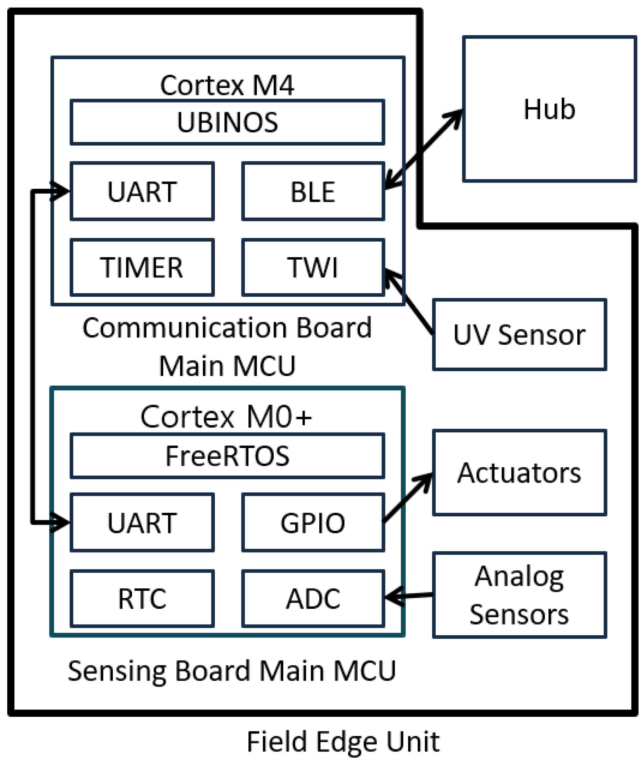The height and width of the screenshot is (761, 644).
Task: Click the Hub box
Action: point(549,109)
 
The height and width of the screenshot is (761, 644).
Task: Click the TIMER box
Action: point(142,267)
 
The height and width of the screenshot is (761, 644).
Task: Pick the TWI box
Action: point(313,267)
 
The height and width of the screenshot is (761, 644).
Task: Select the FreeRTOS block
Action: point(227,456)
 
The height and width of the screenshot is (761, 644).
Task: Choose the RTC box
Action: point(142,598)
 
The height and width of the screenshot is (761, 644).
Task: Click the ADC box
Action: point(313,598)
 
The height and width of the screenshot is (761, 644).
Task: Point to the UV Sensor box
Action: point(519,335)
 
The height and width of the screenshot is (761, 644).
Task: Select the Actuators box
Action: point(519,473)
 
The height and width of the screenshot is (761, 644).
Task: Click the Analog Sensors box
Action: point(519,595)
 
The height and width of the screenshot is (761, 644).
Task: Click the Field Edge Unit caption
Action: point(343,741)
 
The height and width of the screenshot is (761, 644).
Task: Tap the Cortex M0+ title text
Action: point(226,416)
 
